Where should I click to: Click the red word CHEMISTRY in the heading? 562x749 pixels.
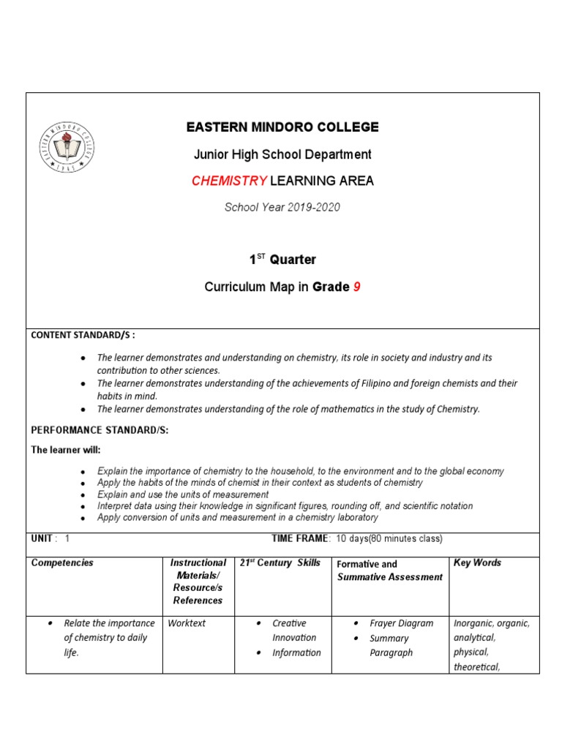229,181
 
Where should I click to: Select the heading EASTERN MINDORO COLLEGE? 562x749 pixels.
282,127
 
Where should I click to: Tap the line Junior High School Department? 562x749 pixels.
282,154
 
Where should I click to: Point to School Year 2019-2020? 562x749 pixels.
282,207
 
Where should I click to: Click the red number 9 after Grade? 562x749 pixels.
357,287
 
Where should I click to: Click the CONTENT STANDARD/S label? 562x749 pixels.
83,335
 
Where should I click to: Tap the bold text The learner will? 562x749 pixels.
65,449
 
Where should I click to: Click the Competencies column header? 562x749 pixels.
62,563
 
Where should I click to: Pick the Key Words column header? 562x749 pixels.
477,562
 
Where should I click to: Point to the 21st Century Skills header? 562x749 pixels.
280,562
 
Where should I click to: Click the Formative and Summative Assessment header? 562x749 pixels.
389,571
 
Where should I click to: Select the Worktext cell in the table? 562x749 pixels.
187,623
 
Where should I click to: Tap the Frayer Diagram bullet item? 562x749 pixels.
401,623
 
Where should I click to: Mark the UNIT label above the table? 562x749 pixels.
42,538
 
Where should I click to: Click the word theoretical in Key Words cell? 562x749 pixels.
476,666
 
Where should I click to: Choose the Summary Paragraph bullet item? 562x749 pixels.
391,645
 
